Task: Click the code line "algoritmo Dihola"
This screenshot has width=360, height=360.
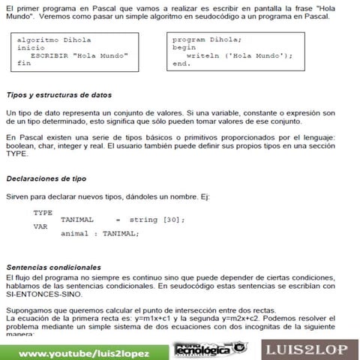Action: click(49, 39)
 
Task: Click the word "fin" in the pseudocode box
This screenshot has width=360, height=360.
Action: click(24, 64)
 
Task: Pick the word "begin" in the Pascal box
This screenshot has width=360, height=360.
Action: click(184, 47)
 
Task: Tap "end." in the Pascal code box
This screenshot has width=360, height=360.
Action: click(181, 64)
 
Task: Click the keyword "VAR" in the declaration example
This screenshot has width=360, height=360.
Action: click(40, 226)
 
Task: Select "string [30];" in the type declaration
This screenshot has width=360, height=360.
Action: click(157, 219)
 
